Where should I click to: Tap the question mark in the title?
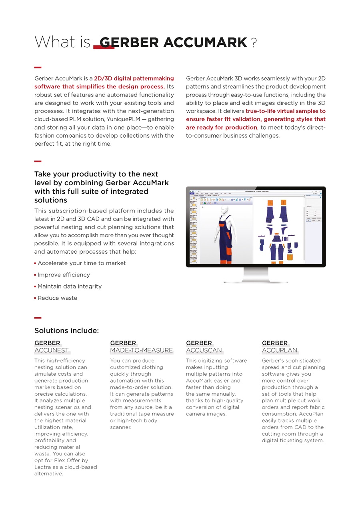(254, 42)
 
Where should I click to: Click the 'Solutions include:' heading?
(66, 331)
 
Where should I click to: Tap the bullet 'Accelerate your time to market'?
(82, 263)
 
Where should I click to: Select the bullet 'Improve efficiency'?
(64, 275)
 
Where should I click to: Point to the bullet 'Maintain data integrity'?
(70, 287)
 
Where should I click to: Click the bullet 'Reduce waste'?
(57, 298)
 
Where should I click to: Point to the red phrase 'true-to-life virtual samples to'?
(286, 111)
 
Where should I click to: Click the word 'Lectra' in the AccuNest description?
(43, 467)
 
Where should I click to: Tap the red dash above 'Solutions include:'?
(38, 318)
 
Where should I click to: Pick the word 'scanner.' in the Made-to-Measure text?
(120, 427)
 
